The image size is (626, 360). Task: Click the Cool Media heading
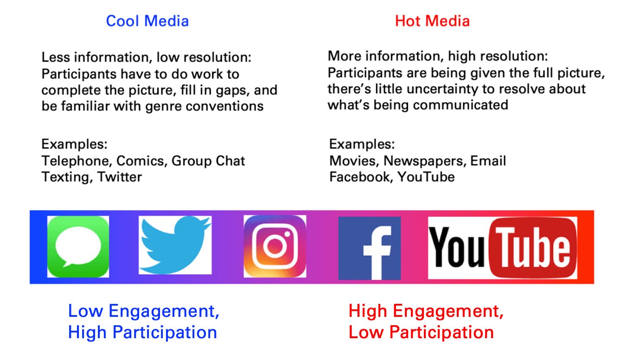147,21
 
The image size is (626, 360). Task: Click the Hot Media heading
432,21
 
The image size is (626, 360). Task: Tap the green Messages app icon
78,246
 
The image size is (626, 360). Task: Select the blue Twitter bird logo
175,245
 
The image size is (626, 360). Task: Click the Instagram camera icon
275,246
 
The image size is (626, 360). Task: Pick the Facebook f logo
370,248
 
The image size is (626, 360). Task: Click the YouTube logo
503,248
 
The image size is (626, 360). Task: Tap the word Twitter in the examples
120,177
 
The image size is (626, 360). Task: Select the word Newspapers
425,161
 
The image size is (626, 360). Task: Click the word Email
488,161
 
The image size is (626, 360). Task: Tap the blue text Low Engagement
144,311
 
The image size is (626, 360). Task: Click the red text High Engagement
426,311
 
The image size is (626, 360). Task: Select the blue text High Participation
142,333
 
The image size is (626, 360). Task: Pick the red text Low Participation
421,333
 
